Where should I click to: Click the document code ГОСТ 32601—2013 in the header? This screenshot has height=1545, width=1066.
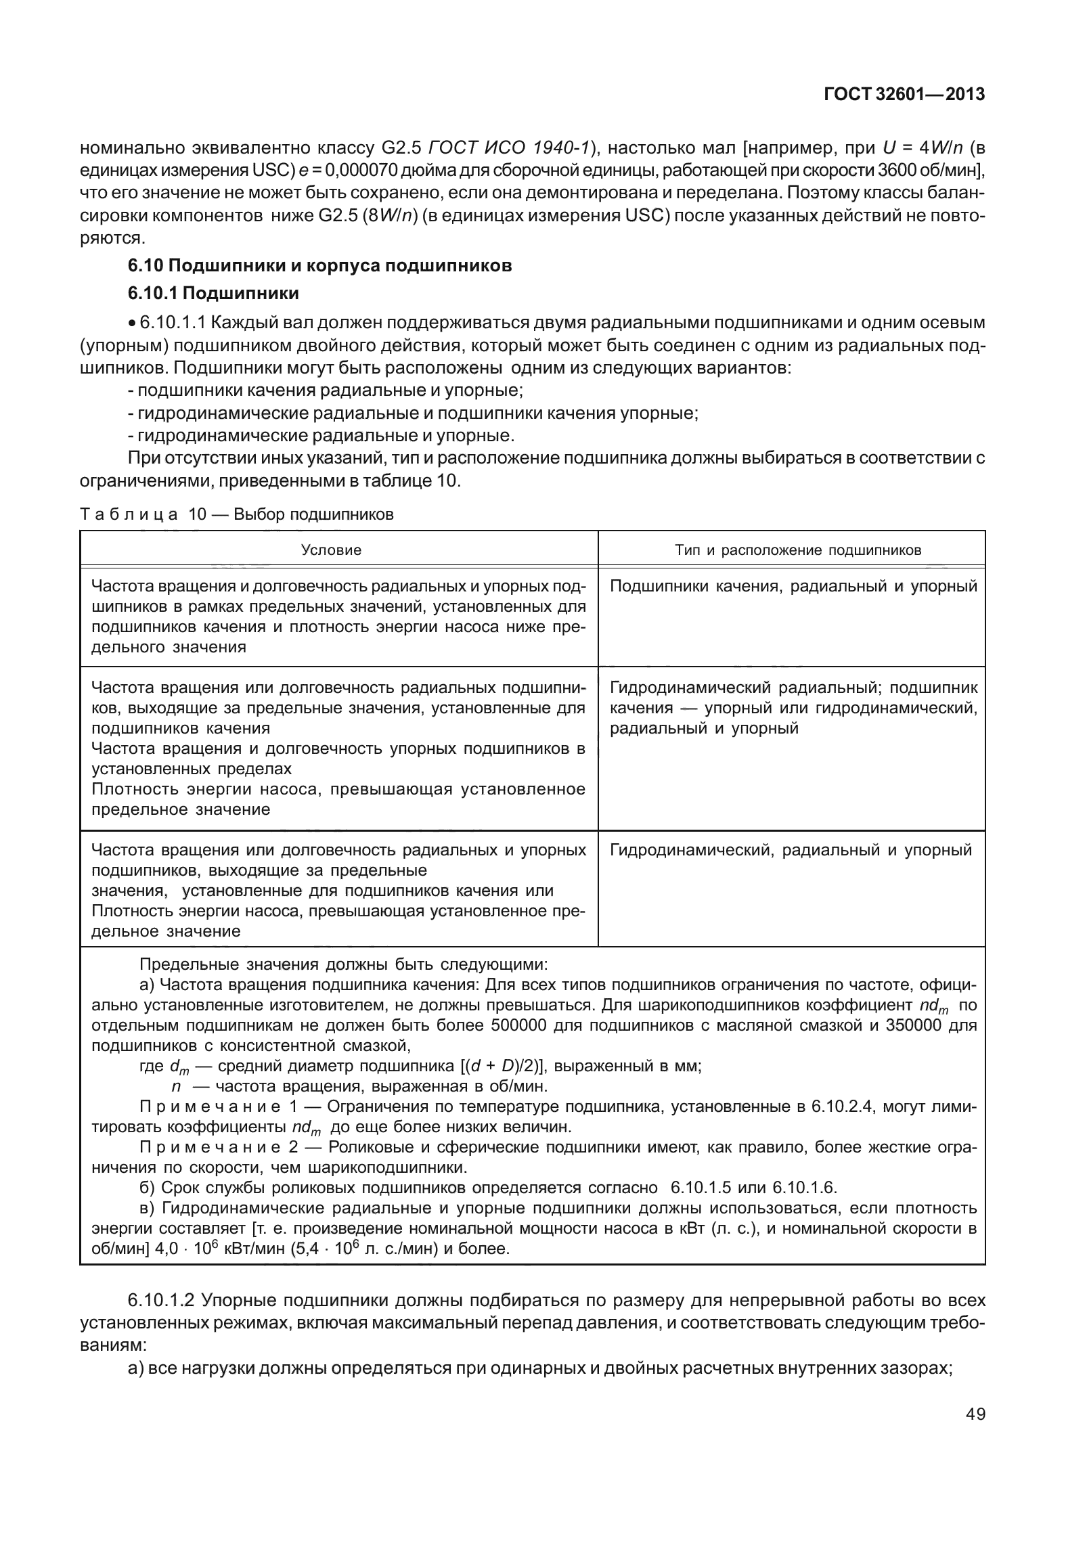pos(904,95)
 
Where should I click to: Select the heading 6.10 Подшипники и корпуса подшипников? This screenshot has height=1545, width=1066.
pos(319,265)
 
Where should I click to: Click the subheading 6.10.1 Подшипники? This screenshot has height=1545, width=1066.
pos(213,294)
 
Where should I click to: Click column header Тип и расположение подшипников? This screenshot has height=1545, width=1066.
pos(797,550)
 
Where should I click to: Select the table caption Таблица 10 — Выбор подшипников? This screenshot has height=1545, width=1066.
pos(236,514)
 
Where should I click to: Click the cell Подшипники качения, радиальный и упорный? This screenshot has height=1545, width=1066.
pos(793,586)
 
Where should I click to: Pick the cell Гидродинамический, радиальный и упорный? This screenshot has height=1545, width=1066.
pos(790,850)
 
